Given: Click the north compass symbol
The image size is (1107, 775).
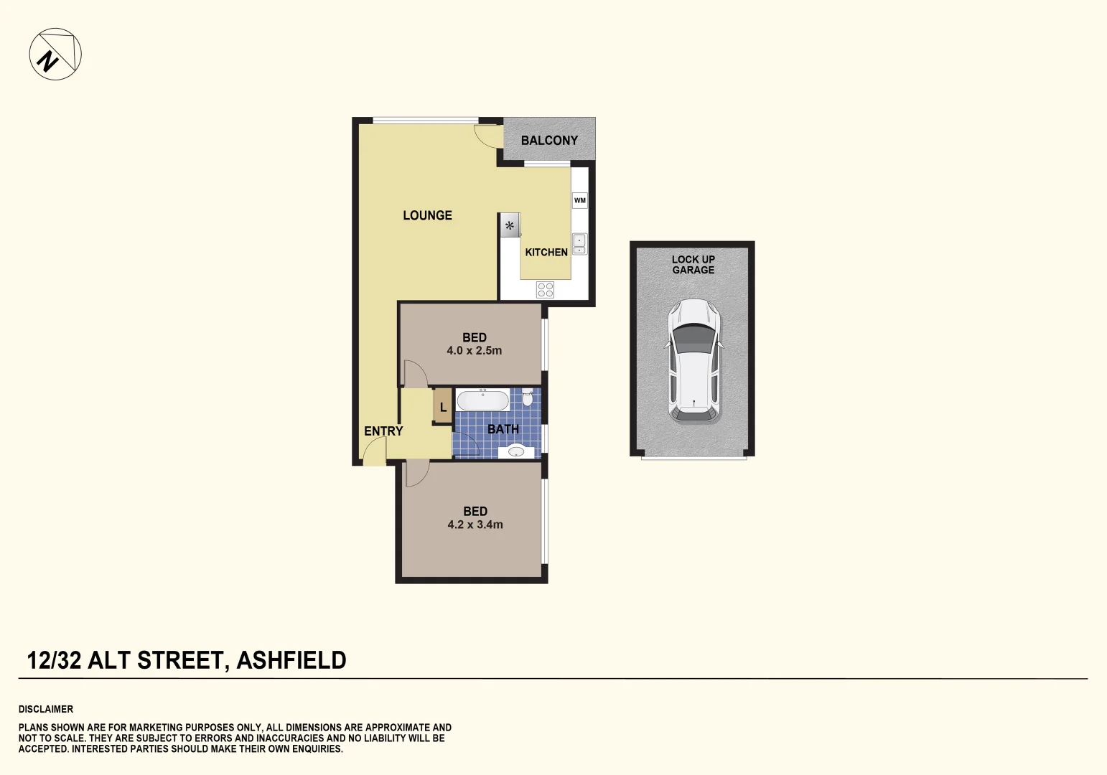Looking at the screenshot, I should [55, 55].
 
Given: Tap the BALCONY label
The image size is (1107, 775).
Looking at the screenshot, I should [549, 141].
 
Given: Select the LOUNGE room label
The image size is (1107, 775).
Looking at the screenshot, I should [427, 215].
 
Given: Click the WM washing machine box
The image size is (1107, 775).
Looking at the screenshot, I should [579, 200].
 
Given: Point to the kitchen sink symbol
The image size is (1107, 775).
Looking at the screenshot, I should [579, 244].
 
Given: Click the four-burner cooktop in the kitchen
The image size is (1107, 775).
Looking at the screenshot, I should [546, 290].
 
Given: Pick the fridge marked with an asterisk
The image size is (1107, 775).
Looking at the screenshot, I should [510, 226].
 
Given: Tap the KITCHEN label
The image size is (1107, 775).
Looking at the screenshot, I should [546, 253].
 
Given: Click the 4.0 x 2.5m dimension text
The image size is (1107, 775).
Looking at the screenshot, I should [474, 351].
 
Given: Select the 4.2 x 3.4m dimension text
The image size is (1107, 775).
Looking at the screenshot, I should [475, 525].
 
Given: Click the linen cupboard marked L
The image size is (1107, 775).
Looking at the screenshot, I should [443, 407].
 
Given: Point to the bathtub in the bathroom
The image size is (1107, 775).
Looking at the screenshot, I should [483, 400].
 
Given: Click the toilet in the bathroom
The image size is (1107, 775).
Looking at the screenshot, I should [528, 397].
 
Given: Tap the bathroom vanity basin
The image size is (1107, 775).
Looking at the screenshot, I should [517, 451].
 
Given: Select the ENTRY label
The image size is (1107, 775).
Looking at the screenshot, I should [383, 431].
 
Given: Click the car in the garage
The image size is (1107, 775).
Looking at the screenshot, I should [693, 360].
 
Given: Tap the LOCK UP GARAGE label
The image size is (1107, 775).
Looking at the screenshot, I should [693, 265].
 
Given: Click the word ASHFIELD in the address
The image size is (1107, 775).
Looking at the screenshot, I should [291, 660].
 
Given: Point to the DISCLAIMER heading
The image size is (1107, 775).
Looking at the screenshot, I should [46, 709].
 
